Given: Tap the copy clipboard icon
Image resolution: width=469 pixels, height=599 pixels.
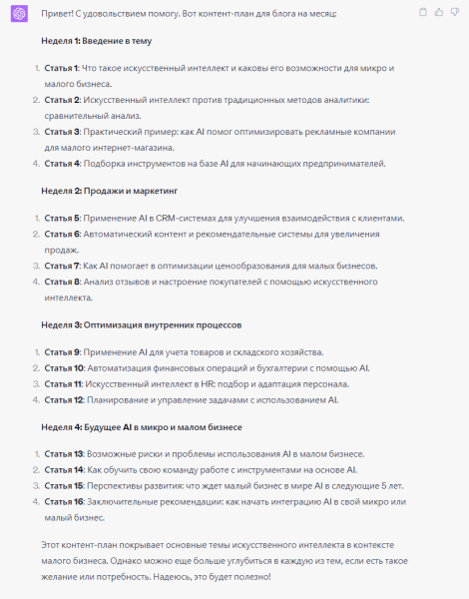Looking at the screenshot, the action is click(423, 12).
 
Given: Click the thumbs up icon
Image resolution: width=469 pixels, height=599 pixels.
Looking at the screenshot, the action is click(439, 12).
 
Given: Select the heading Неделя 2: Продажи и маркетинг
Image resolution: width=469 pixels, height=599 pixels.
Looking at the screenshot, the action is click(109, 190).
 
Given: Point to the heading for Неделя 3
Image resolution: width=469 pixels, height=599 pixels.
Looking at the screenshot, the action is click(140, 325).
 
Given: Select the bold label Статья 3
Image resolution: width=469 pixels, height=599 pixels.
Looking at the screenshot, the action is click(63, 132).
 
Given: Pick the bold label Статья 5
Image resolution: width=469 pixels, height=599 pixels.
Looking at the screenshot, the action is click(63, 218).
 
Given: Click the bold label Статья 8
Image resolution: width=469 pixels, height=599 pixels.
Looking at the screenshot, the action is click(63, 283).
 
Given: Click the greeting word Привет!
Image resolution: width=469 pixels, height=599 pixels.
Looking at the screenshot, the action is click(58, 12).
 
